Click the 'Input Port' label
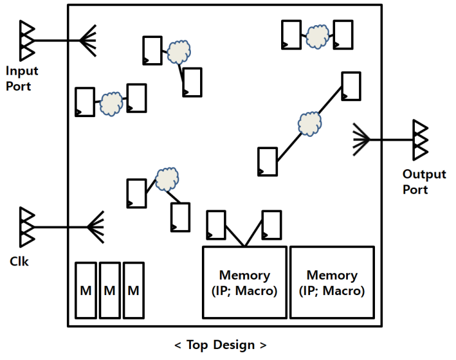click(18, 79)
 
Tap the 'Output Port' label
click(423, 182)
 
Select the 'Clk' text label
click(19, 262)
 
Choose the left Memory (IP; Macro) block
click(244, 282)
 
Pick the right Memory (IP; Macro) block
click(331, 282)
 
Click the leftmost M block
click(86, 290)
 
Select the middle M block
click(110, 290)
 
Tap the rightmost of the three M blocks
click(134, 290)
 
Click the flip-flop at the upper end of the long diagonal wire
click(351, 86)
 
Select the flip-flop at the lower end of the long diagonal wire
click(267, 161)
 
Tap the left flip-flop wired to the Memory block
click(215, 225)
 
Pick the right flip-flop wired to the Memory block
click(271, 225)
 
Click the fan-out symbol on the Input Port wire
click(88, 41)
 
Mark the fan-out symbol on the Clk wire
click(96, 227)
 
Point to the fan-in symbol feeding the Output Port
click(362, 140)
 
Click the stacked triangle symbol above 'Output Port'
click(420, 140)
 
